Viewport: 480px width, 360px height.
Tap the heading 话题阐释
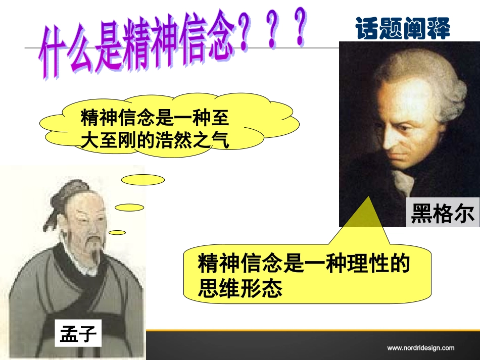pos(402,28)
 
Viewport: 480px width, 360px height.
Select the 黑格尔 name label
pos(443,214)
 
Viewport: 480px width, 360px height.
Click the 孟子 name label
pos(78,334)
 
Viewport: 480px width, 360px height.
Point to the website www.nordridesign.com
pos(420,348)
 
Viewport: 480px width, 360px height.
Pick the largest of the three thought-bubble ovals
pos(143,180)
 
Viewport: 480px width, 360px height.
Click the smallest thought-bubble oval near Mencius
pos(117,232)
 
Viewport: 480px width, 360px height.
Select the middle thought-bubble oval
pos(129,207)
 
